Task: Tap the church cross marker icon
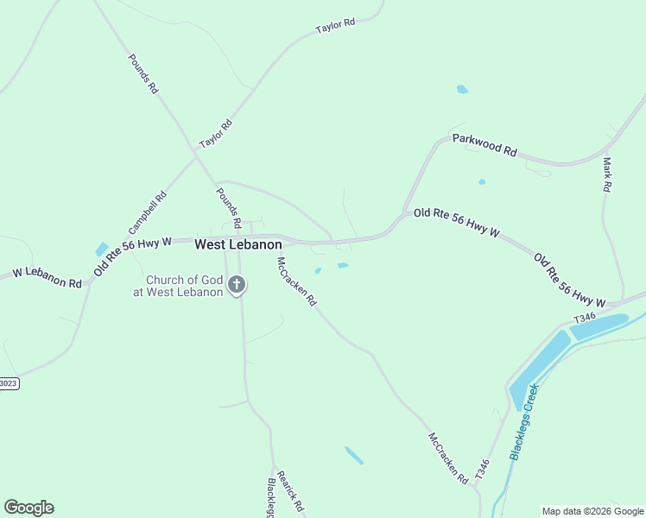237,284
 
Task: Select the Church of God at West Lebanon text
184,286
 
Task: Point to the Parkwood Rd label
484,144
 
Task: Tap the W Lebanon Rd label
47,277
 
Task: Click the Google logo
28,508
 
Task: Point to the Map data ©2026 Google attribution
592,511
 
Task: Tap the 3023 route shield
8,382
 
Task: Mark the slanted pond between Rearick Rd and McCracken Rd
354,456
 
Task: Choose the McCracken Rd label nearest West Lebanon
296,282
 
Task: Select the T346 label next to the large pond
585,317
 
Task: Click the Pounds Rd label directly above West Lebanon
229,207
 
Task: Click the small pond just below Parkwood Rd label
481,182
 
